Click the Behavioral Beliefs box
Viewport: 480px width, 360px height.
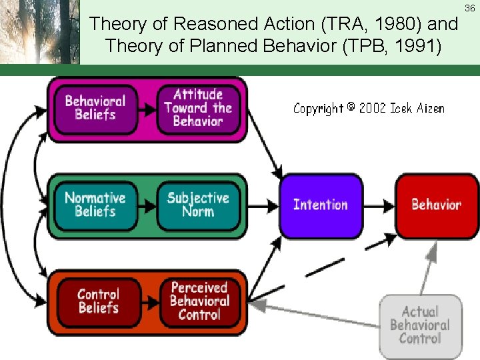click(95, 108)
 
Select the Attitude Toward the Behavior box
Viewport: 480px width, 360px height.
click(198, 108)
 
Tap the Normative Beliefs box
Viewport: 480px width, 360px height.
click(95, 205)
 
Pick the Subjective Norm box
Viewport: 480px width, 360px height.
click(198, 205)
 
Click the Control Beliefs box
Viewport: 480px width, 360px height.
click(98, 301)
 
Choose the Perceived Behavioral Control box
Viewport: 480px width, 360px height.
click(199, 301)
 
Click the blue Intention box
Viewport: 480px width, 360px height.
click(321, 205)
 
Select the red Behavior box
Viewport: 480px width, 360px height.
click(437, 205)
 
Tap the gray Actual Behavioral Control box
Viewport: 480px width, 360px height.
click(419, 325)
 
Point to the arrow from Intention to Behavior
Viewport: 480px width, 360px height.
click(380, 205)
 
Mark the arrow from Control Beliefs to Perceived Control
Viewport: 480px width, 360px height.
click(150, 301)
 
